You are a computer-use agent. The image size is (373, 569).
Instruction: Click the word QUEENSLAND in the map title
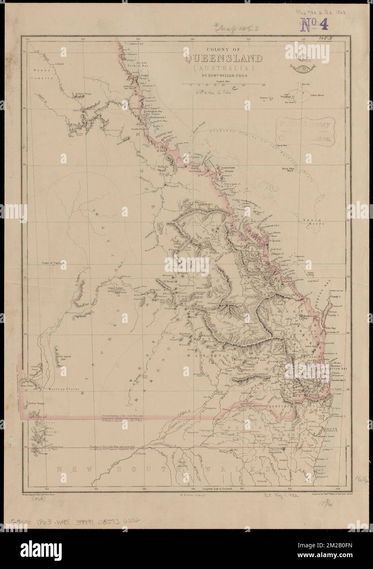pyautogui.click(x=225, y=59)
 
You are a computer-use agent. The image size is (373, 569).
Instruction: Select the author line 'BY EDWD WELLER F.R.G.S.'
pyautogui.click(x=225, y=76)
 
